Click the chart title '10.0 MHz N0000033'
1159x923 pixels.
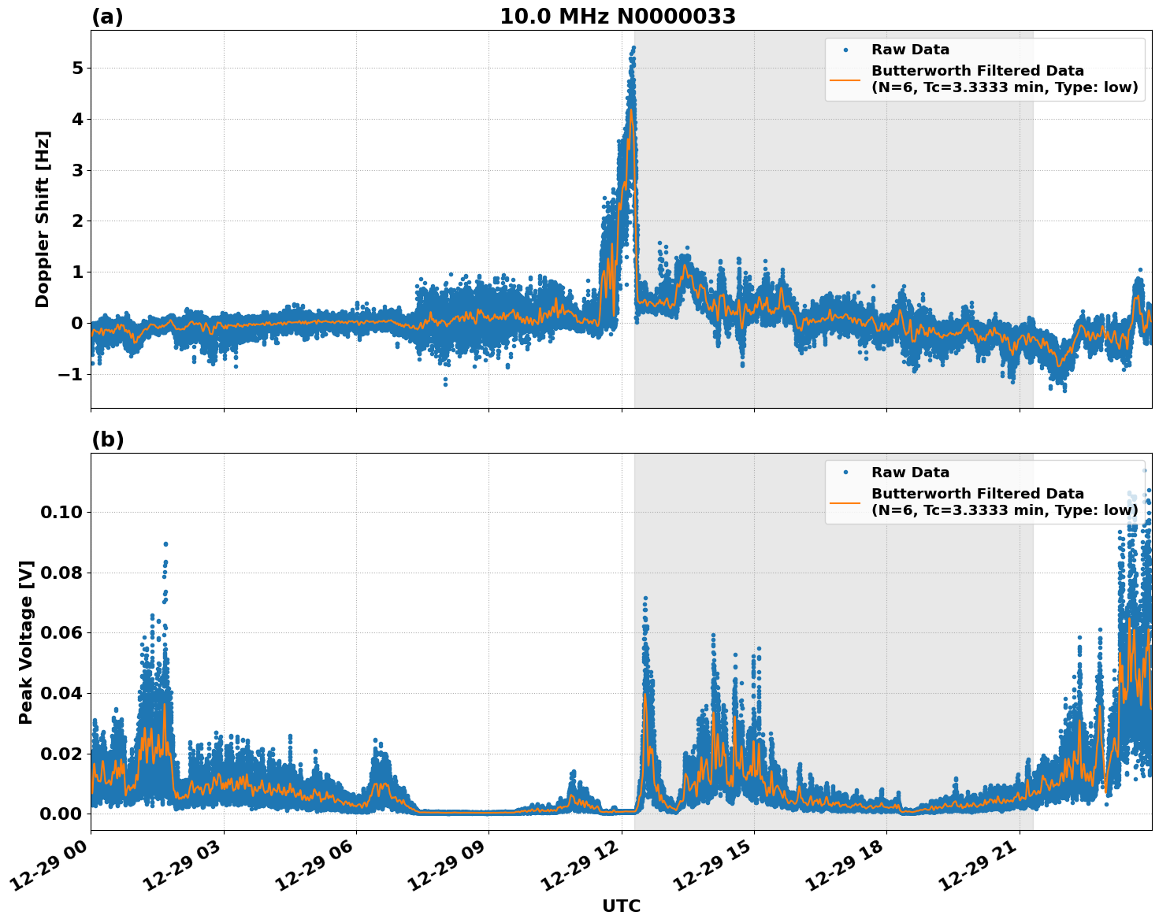[x=617, y=17]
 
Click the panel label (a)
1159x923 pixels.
[x=107, y=17]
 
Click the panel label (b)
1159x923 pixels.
[x=107, y=439]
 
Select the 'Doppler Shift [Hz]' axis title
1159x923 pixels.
[x=43, y=219]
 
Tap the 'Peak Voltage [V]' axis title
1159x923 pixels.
[x=26, y=642]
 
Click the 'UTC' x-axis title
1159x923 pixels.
[x=621, y=906]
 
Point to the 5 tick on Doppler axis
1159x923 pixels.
[x=76, y=68]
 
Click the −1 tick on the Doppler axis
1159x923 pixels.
[x=70, y=374]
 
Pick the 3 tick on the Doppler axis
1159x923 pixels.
[x=76, y=170]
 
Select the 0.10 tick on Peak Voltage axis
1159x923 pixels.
[x=61, y=513]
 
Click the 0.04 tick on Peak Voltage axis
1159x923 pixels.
[x=61, y=693]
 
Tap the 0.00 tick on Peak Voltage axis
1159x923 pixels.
[x=61, y=814]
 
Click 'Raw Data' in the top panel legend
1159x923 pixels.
[x=910, y=50]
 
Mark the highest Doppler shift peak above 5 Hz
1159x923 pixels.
[x=633, y=48]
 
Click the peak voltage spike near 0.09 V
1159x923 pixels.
[x=165, y=543]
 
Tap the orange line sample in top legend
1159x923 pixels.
[x=845, y=79]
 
